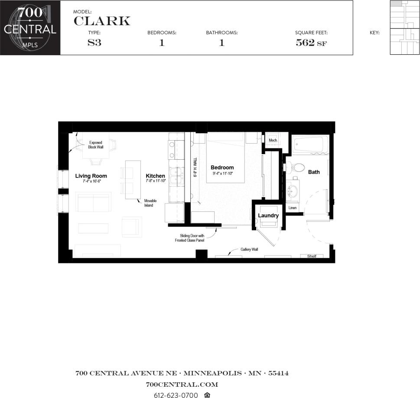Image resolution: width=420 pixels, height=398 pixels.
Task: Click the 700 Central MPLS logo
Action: [x=30, y=27]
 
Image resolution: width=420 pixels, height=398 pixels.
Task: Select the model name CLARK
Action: [x=102, y=20]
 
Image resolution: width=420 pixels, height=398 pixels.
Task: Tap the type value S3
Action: [x=94, y=43]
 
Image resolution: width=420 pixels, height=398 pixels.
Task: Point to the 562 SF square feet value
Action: [x=311, y=43]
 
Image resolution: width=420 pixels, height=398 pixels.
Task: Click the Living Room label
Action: [x=91, y=176]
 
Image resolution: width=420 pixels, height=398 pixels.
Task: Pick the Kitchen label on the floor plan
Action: [x=155, y=176]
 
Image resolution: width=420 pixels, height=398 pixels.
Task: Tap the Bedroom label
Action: [x=222, y=168]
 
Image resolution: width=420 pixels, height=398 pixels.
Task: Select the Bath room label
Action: [x=314, y=172]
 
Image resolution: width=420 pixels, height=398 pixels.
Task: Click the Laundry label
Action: [x=268, y=215]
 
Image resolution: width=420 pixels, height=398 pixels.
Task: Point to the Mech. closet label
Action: [x=273, y=140]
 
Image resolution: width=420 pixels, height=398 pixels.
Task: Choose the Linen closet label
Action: [x=293, y=208]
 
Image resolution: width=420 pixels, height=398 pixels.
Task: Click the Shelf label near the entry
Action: [x=312, y=256]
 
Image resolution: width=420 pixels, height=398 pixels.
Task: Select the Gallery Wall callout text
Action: [x=249, y=250]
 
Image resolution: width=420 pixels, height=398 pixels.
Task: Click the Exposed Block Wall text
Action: [x=95, y=145]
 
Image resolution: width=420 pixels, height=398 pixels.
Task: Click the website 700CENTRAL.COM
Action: [x=182, y=385]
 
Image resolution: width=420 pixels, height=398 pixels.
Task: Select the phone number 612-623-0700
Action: [x=176, y=395]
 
